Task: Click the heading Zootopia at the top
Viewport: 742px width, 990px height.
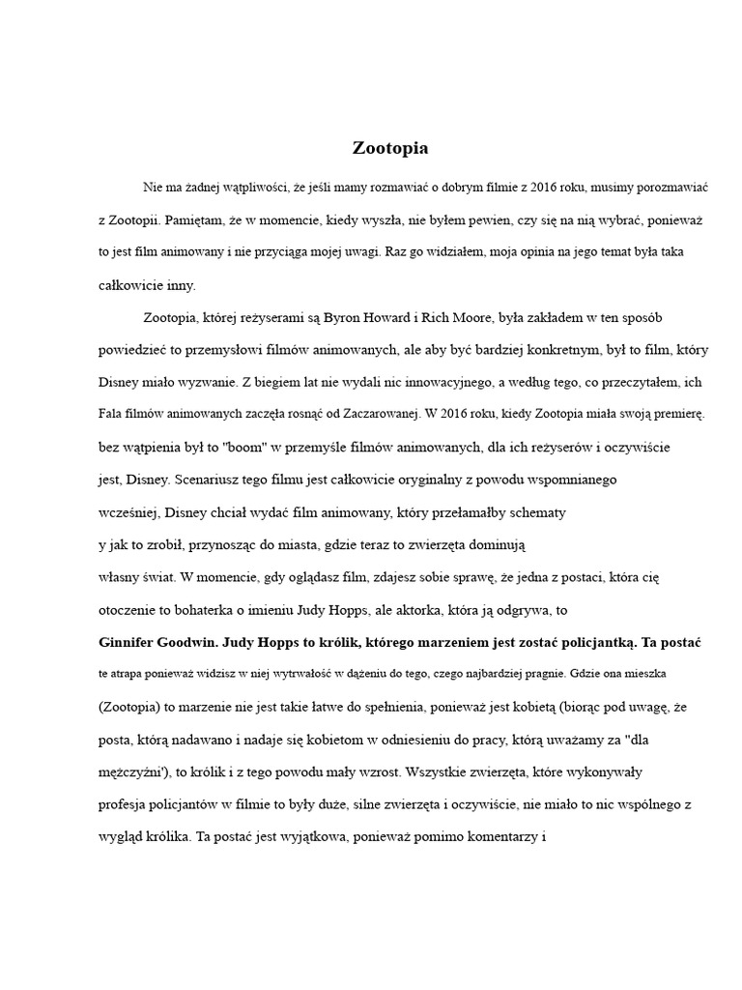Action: [x=390, y=149]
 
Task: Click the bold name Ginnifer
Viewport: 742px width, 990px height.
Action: [x=133, y=641]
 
